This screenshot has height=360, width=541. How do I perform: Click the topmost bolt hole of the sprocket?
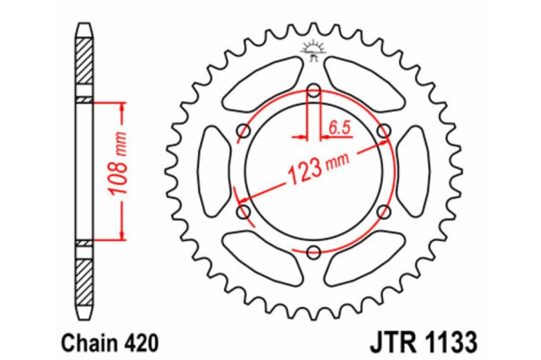[x=314, y=91]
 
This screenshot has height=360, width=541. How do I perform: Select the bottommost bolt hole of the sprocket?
[x=314, y=250]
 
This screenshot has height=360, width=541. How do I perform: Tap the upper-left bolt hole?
[x=245, y=130]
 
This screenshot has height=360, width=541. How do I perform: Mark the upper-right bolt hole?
[x=384, y=130]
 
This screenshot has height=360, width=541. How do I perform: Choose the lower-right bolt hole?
[x=384, y=211]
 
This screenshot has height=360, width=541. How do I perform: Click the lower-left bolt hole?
[x=245, y=211]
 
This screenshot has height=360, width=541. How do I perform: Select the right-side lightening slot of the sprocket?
[x=414, y=170]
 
